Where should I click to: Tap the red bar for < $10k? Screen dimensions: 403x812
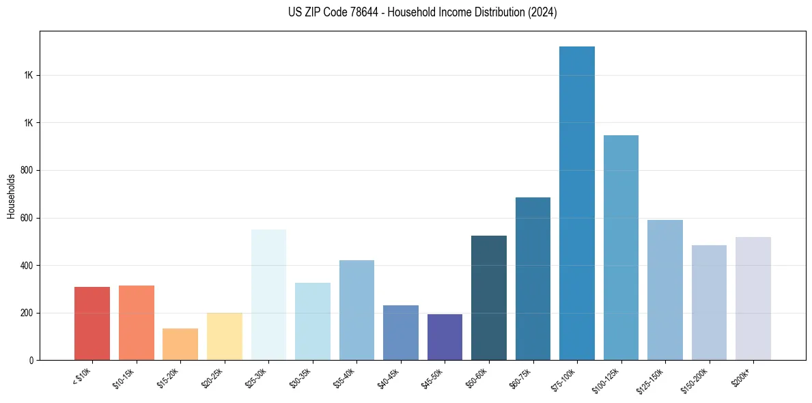click(x=92, y=323)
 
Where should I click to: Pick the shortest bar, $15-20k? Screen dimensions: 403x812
click(x=180, y=344)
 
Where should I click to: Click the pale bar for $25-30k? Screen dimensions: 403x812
click(x=268, y=294)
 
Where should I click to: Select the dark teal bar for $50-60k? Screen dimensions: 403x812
click(x=489, y=298)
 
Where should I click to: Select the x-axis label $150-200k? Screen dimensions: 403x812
click(x=700, y=380)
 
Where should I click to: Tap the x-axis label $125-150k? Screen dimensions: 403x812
click(x=656, y=380)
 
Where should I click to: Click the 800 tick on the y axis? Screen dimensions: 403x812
click(x=28, y=170)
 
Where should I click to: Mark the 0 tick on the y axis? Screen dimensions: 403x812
click(x=32, y=360)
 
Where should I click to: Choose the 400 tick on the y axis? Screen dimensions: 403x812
click(x=28, y=265)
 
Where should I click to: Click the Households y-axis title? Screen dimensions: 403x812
click(x=11, y=196)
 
